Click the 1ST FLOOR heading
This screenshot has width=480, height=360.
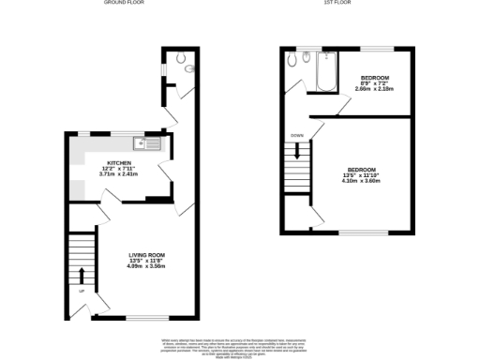point(346,4)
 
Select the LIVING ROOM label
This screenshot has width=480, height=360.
point(146,255)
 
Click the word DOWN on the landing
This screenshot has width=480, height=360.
point(296,135)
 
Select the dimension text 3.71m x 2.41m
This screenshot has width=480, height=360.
point(119,174)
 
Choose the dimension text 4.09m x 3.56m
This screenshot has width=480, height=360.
point(146,267)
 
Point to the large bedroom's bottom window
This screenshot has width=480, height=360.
point(363,232)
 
